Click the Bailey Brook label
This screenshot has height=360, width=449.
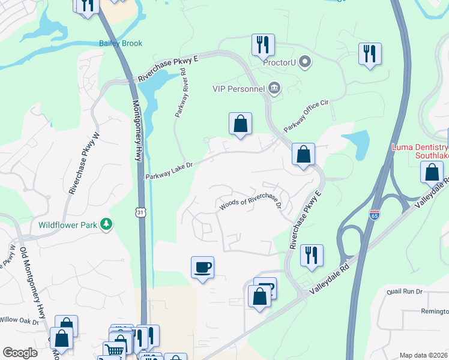(x=120, y=43)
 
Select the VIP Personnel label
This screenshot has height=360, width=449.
(x=238, y=89)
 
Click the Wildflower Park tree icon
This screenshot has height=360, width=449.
(x=106, y=224)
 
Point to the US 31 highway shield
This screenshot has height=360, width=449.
(x=140, y=212)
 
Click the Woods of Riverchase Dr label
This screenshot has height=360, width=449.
(x=250, y=204)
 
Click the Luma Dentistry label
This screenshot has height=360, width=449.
(x=420, y=147)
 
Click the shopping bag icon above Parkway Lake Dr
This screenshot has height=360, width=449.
(x=240, y=124)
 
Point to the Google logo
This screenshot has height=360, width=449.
(x=20, y=353)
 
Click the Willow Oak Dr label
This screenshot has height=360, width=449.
(x=19, y=322)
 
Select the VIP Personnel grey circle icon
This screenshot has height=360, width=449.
(x=274, y=89)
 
